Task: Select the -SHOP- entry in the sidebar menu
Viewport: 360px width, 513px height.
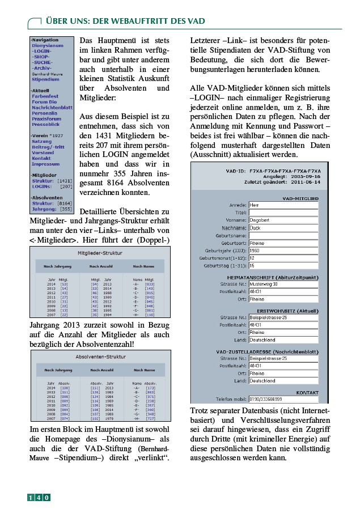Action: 41,57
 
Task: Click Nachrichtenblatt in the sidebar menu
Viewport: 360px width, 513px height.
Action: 52,107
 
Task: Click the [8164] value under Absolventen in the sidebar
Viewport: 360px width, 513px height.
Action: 65,203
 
